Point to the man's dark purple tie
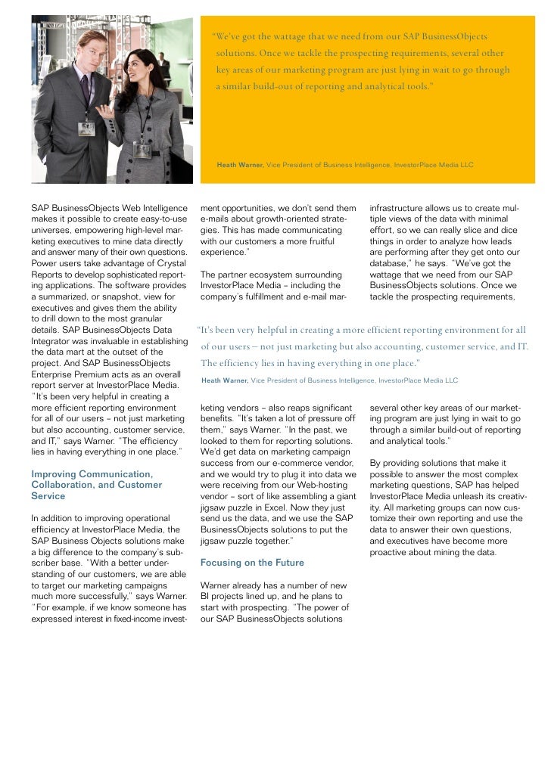[x=86, y=91]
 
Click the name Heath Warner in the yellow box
[x=240, y=163]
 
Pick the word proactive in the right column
[x=394, y=552]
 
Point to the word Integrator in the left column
[x=54, y=343]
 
